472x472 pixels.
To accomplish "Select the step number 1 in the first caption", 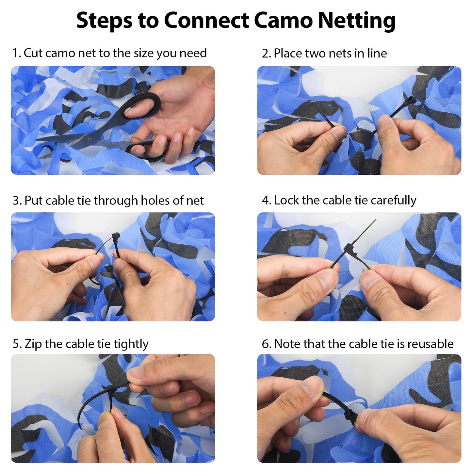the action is tap(15, 53).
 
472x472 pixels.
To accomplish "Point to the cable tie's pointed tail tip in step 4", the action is tap(376, 220).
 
